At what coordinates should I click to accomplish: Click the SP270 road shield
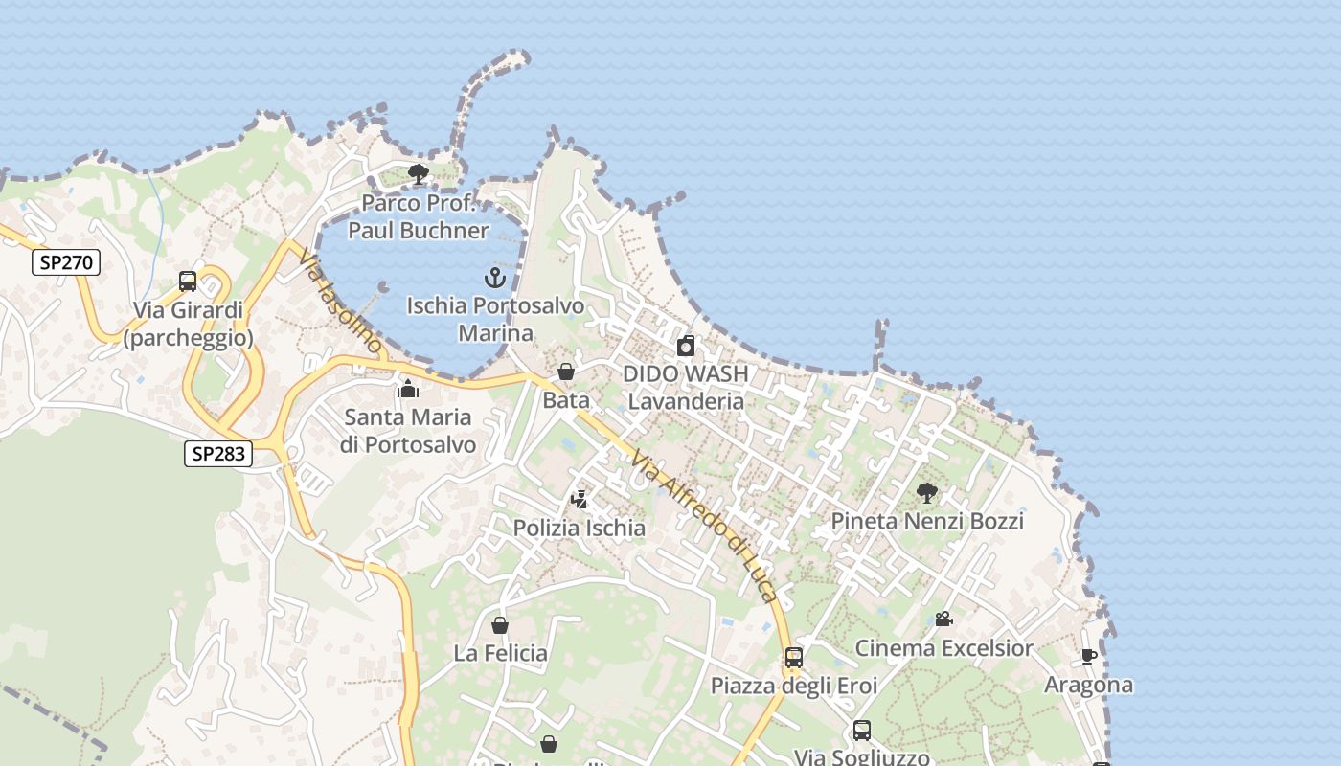[x=66, y=262]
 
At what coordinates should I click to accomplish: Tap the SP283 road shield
[x=218, y=454]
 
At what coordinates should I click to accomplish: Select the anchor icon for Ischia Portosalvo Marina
[x=494, y=279]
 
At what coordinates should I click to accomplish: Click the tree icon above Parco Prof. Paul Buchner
[x=418, y=174]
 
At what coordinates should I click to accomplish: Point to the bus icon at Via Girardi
[x=188, y=282]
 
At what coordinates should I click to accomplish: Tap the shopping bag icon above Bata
[x=566, y=372]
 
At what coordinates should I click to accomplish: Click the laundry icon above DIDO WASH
[x=686, y=346]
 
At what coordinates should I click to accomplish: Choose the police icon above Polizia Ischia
[x=579, y=500]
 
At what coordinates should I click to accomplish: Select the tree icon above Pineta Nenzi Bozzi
[x=926, y=493]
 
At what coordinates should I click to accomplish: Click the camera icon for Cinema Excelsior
[x=943, y=620]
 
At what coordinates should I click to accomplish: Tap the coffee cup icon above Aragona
[x=1088, y=657]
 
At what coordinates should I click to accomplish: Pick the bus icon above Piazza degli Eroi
[x=793, y=658]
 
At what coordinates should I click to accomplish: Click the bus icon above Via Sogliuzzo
[x=861, y=731]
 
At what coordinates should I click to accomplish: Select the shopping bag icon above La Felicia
[x=499, y=626]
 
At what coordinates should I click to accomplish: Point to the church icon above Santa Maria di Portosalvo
[x=409, y=389]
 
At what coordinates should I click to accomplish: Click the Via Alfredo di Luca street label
[x=703, y=526]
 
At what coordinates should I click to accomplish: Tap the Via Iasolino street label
[x=340, y=301]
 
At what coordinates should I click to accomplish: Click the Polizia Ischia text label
[x=579, y=528]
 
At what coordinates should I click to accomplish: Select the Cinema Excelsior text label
[x=943, y=648]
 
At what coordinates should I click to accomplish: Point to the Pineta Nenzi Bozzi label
[x=926, y=521]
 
